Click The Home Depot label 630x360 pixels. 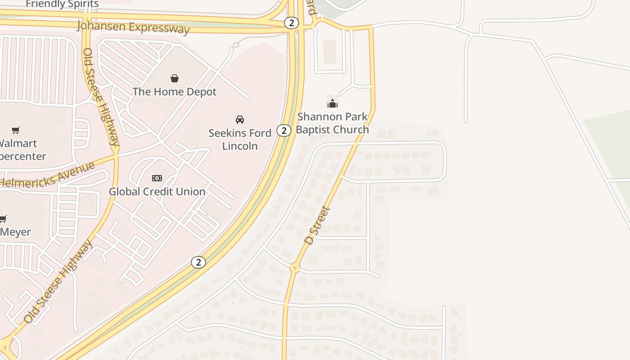pos(175,92)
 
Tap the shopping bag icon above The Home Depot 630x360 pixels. pos(175,78)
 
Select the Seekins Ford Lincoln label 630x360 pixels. pos(240,139)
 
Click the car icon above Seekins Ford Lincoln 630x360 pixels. pos(240,119)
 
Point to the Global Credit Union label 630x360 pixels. pos(157,192)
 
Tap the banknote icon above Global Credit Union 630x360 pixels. pos(157,178)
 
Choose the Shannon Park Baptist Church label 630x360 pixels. pos(333,123)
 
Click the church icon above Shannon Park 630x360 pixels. pos(333,103)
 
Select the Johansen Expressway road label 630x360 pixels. pos(133,27)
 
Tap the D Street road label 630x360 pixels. pos(317,225)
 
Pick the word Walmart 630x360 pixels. pos(18,144)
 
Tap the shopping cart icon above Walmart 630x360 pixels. pos(16,130)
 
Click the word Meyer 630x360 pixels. pos(16,232)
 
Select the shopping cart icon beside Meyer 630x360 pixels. pos(3,219)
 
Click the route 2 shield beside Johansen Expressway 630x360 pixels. pos(292,23)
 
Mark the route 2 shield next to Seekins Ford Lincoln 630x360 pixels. pos(283,130)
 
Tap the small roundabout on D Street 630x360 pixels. pos(295,268)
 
